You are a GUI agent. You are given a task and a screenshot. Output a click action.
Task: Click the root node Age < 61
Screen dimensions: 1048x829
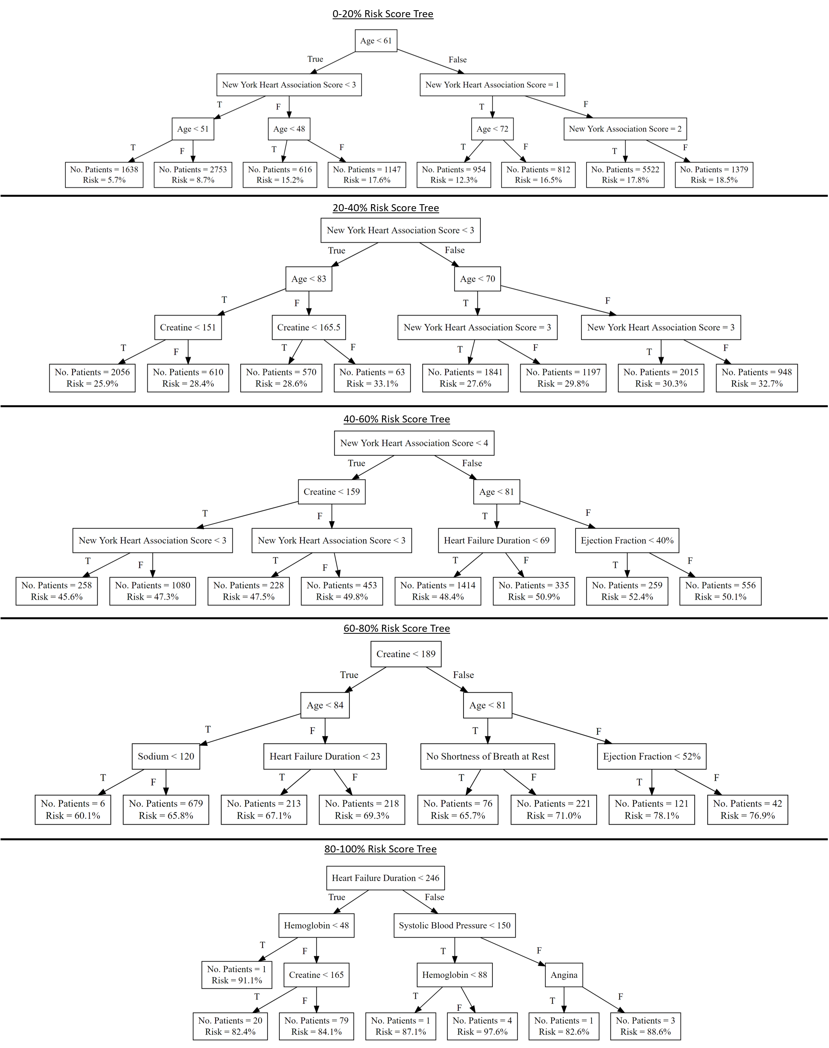tap(376, 41)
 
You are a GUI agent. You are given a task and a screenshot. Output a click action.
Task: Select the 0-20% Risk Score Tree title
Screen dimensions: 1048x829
tap(382, 14)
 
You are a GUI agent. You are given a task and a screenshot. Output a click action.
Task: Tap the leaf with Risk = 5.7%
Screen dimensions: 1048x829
tap(104, 175)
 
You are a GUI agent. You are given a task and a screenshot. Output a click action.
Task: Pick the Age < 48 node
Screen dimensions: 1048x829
tap(289, 129)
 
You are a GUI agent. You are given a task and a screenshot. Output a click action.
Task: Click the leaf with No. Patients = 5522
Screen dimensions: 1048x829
tap(625, 175)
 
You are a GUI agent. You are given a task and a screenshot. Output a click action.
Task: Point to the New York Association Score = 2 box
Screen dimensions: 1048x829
tap(625, 129)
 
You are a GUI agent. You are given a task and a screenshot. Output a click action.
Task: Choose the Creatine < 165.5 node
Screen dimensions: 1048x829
tap(309, 328)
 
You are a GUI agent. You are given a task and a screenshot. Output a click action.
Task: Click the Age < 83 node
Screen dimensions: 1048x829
tap(309, 279)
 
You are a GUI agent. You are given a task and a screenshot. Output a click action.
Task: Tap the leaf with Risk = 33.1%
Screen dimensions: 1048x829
tap(372, 378)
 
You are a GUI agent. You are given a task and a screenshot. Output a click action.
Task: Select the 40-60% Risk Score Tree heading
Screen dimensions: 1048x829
tap(396, 419)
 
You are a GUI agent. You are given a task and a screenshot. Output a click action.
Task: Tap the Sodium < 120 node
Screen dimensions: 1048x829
tap(166, 757)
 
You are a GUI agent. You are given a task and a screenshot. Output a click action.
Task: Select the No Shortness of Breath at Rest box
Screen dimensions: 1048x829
tap(487, 757)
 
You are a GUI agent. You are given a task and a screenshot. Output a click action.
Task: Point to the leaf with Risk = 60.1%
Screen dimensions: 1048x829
tap(73, 810)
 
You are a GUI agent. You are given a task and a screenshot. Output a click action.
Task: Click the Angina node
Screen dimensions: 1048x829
tap(564, 975)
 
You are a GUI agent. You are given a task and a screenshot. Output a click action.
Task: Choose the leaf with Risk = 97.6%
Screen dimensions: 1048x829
tap(482, 1026)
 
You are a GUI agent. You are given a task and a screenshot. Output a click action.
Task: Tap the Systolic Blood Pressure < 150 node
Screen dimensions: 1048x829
tap(454, 926)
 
